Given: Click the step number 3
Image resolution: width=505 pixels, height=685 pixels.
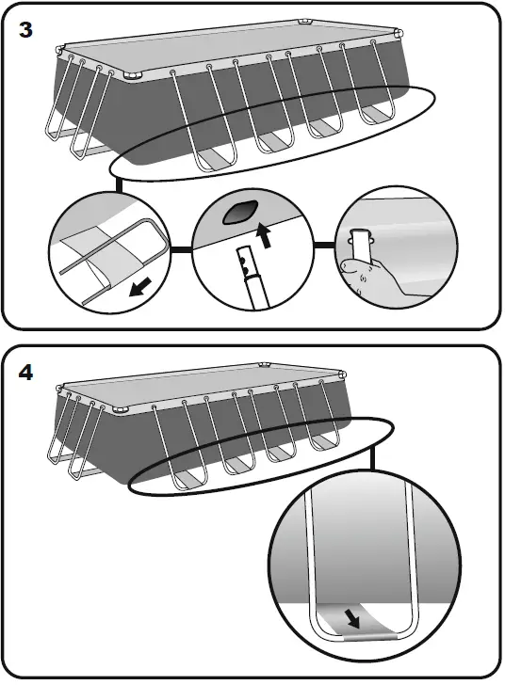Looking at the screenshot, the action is (25, 30).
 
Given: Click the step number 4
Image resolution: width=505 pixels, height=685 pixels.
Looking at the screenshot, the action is (25, 373).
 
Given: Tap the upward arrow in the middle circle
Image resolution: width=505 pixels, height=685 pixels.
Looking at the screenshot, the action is (264, 235).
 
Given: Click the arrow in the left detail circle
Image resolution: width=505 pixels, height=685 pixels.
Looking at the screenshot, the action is (140, 287).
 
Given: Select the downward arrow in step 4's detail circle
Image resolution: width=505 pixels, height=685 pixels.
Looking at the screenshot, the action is (352, 618).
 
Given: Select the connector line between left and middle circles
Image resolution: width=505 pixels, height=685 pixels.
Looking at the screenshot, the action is (181, 249).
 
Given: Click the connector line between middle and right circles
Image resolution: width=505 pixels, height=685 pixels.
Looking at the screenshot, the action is (325, 245).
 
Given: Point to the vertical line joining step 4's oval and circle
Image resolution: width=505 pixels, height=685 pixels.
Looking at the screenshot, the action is (372, 457).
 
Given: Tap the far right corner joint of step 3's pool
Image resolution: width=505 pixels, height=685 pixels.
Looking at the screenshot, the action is (398, 34).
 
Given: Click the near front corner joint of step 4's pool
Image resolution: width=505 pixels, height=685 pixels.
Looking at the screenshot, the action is (120, 410).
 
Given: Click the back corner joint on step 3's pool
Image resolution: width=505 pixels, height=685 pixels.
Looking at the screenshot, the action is (305, 22).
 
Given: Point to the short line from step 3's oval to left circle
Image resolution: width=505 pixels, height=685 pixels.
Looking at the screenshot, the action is (119, 184).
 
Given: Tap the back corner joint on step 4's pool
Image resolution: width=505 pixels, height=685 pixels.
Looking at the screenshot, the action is (265, 364).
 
